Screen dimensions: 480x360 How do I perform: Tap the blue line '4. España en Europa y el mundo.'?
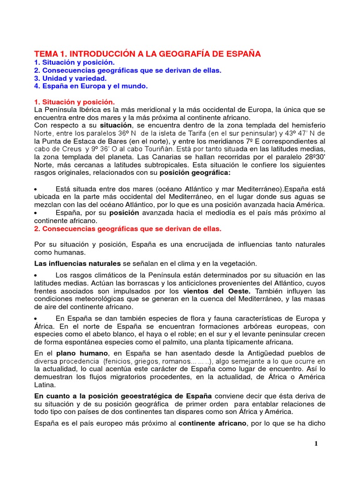(x=91, y=86)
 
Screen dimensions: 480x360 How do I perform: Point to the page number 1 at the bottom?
(x=316, y=444)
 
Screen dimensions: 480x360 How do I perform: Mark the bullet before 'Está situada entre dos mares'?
(x=37, y=189)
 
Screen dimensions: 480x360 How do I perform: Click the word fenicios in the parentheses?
(x=120, y=361)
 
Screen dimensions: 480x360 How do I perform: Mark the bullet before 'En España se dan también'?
(x=37, y=319)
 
